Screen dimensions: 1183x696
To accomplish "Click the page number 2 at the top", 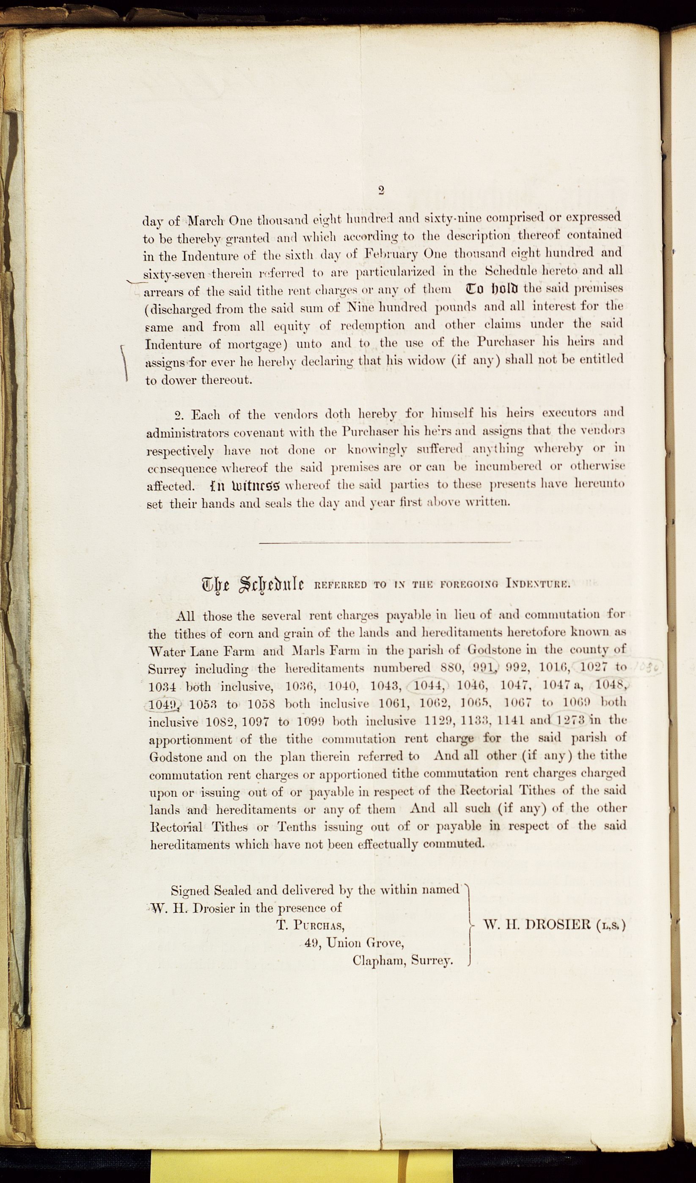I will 381,190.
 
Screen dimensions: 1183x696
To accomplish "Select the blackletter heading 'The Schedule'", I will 253,584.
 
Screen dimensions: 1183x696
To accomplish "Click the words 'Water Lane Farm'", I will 201,652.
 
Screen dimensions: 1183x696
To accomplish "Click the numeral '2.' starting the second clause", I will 179,415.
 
